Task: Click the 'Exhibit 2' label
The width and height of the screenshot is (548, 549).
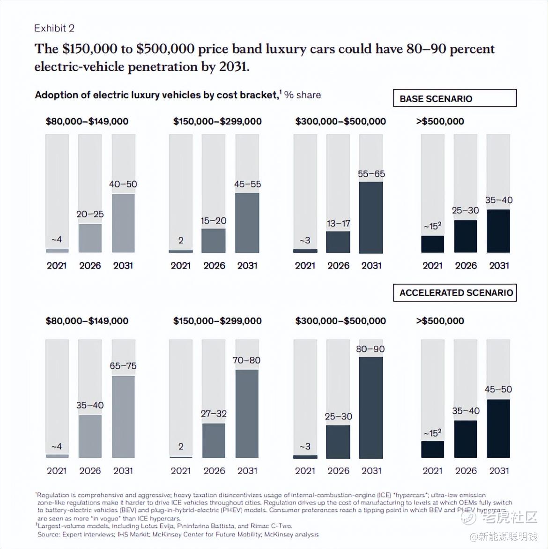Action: (x=54, y=28)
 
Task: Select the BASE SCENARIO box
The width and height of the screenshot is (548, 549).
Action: (x=454, y=98)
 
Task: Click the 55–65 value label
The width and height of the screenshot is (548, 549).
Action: (x=371, y=174)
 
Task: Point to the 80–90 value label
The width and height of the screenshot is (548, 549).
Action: (x=370, y=349)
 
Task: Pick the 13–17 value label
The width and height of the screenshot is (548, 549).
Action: (x=338, y=223)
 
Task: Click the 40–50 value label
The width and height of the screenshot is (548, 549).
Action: (x=123, y=184)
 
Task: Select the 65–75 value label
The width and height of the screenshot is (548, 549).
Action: (x=123, y=366)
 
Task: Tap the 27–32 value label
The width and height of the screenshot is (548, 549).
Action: (x=214, y=414)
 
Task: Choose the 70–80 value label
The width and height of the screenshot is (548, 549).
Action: (x=247, y=360)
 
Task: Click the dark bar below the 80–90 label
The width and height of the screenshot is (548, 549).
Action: (x=371, y=408)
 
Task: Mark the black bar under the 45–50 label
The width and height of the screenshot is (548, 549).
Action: (x=498, y=428)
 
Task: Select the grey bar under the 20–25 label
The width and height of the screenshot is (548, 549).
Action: (x=90, y=238)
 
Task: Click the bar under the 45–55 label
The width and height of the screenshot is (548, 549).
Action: (x=247, y=223)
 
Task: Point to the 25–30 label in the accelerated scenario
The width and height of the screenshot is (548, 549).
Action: (x=338, y=416)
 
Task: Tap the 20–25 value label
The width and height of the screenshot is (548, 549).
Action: (x=90, y=214)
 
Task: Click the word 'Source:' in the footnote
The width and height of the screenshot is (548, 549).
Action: (x=48, y=534)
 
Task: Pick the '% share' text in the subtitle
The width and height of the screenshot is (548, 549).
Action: (x=303, y=95)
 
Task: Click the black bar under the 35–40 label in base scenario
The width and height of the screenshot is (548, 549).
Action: (x=498, y=231)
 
